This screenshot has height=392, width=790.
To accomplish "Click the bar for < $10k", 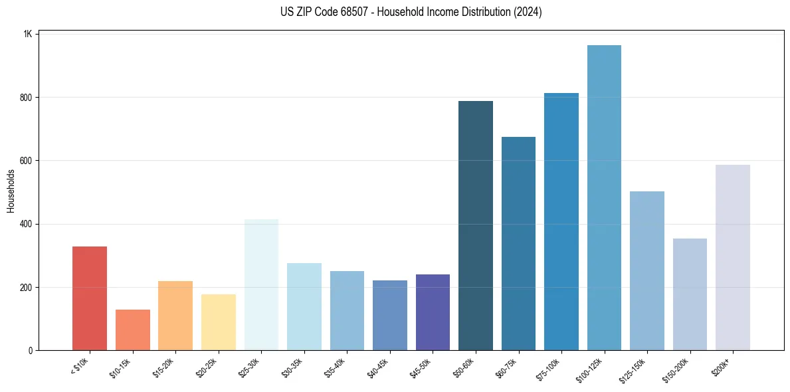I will click(x=90, y=298).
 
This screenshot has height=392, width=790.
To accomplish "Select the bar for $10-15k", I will click(x=133, y=330).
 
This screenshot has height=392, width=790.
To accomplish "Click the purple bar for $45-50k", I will click(x=433, y=312).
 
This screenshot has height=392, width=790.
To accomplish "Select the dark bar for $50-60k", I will click(x=476, y=226).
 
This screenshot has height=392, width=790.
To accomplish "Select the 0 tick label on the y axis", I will click(x=29, y=350).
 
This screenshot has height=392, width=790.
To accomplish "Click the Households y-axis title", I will click(x=11, y=191).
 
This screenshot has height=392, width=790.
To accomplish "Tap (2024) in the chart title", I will click(x=527, y=12).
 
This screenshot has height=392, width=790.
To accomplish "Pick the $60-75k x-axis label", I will click(x=506, y=367).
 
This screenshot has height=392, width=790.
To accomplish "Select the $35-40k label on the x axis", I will click(x=335, y=367).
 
